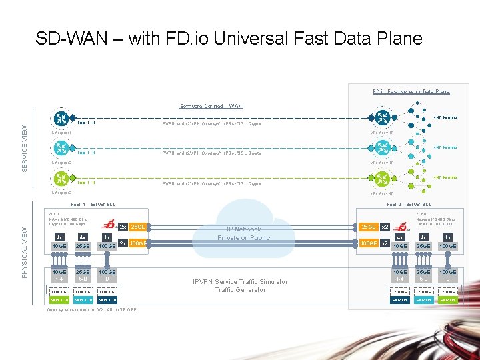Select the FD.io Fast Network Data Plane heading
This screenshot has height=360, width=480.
pyautogui.click(x=411, y=91)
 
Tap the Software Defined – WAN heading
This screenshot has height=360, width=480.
pyautogui.click(x=211, y=106)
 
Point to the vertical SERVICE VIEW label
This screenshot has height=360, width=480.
pyautogui.click(x=25, y=148)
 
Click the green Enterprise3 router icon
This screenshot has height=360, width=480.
pyautogui.click(x=61, y=179)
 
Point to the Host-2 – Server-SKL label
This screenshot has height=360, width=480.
pyautogui.click(x=409, y=205)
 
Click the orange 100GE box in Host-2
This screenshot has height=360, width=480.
pyautogui.click(x=367, y=244)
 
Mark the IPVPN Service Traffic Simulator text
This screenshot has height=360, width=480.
pyautogui.click(x=240, y=281)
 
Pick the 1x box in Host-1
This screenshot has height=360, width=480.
pyautogui.click(x=107, y=237)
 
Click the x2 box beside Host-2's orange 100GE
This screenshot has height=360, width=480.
pyautogui.click(x=385, y=244)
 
